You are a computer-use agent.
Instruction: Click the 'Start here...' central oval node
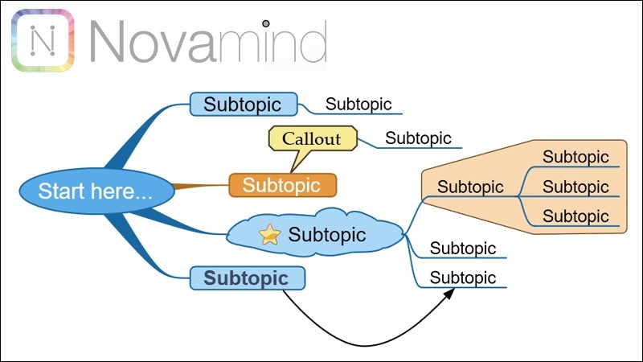pyautogui.click(x=96, y=191)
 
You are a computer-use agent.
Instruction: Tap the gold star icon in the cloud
pyautogui.click(x=270, y=234)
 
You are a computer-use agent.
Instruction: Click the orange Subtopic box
pyautogui.click(x=282, y=185)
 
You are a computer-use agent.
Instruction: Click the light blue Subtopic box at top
pyautogui.click(x=244, y=105)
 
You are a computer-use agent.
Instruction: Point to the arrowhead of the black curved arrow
pyautogui.click(x=450, y=292)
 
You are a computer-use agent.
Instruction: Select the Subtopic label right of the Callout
pyautogui.click(x=418, y=138)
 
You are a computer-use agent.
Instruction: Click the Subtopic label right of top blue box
pyautogui.click(x=358, y=105)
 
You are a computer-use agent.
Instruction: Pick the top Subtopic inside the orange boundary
pyautogui.click(x=575, y=157)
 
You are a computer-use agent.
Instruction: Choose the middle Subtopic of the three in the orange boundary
pyautogui.click(x=575, y=187)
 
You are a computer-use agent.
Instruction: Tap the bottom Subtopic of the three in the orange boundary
pyautogui.click(x=575, y=216)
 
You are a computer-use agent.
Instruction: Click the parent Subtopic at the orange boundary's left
pyautogui.click(x=470, y=187)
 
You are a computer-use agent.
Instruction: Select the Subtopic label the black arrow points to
pyautogui.click(x=463, y=277)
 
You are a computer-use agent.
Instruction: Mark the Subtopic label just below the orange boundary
pyautogui.click(x=463, y=248)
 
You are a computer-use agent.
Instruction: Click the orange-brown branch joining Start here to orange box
pyautogui.click(x=201, y=187)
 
